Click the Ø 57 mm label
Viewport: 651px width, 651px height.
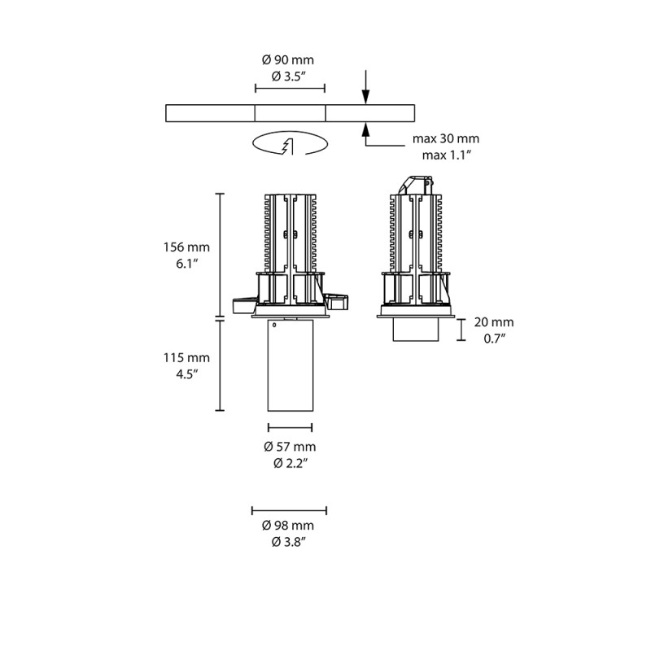(x=290, y=446)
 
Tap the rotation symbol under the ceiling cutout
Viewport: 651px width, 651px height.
(x=290, y=144)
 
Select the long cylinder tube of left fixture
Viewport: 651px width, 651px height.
(x=290, y=366)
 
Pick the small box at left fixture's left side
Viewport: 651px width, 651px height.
(x=242, y=304)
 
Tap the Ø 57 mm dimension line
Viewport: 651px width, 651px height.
(x=290, y=426)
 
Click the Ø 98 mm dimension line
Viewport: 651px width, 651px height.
(x=290, y=510)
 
